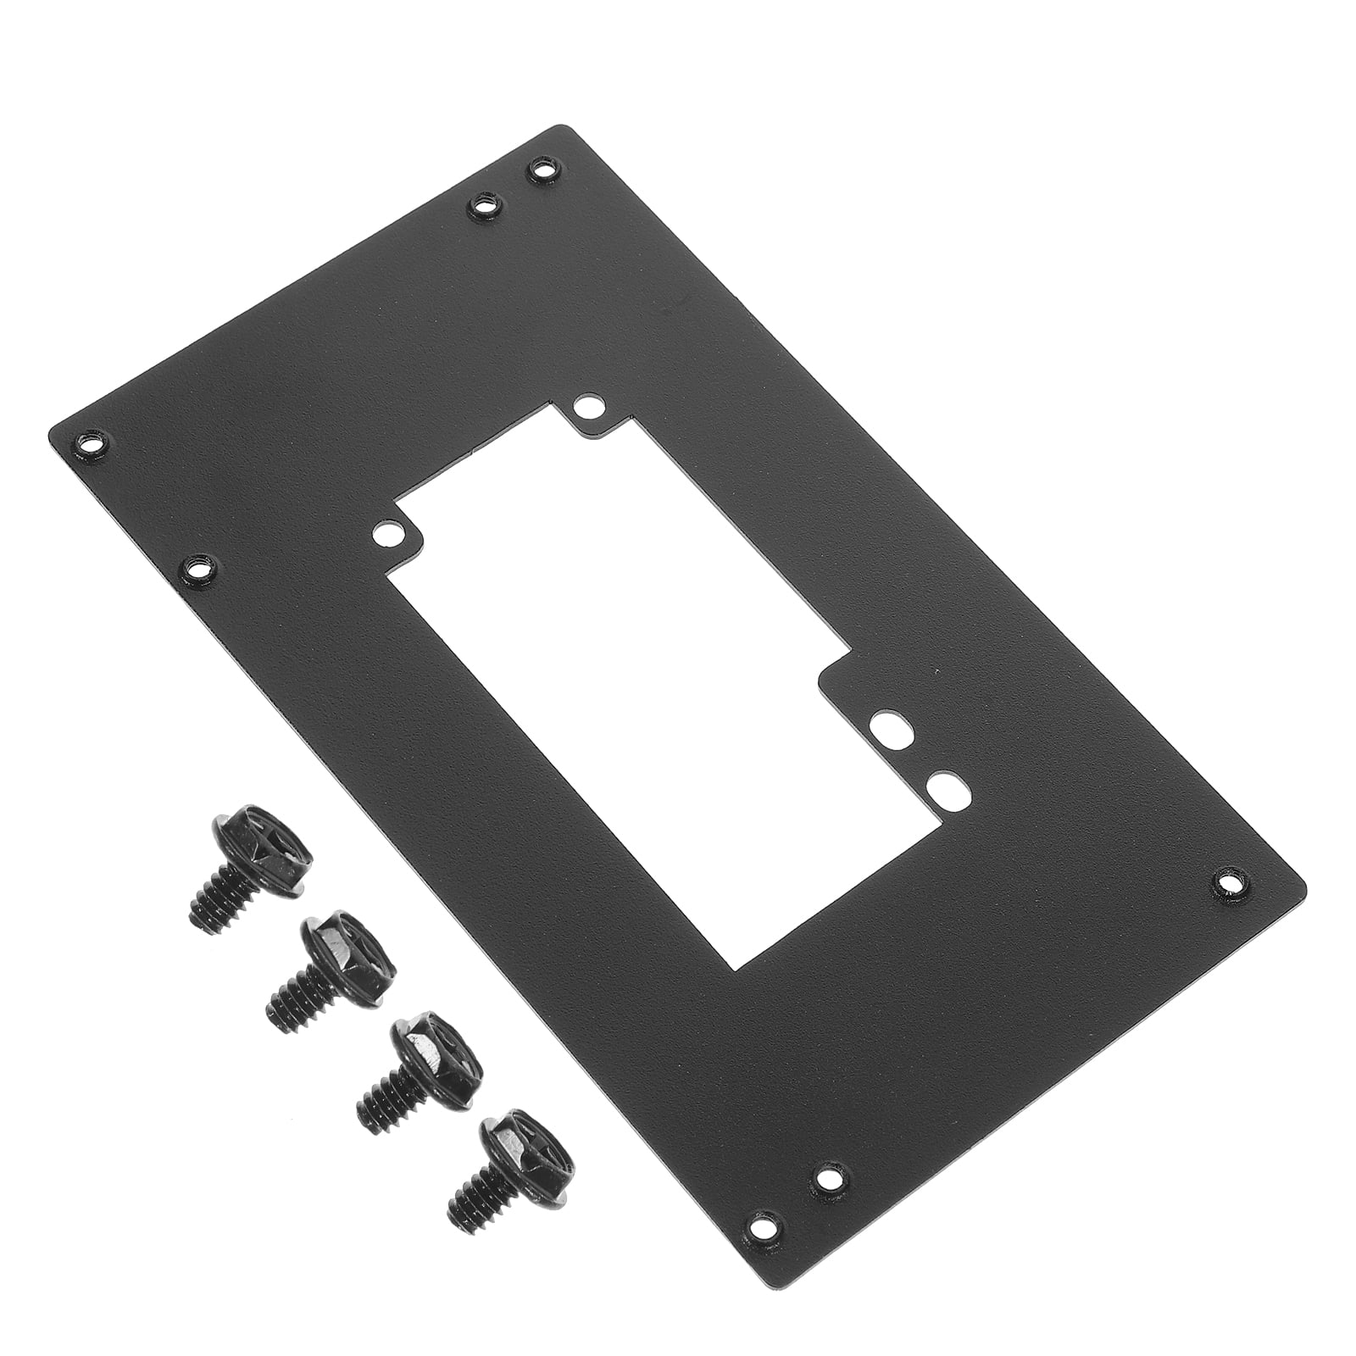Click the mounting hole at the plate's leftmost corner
pos(89,442)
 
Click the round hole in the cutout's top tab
pos(585,407)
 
